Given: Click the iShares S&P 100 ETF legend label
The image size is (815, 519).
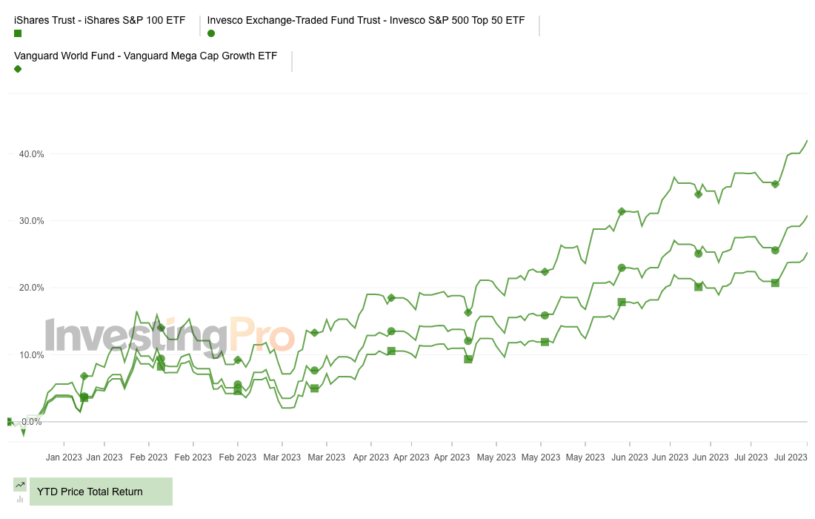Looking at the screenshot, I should point(99,20).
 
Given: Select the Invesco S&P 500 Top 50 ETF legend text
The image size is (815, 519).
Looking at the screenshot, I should point(366,20).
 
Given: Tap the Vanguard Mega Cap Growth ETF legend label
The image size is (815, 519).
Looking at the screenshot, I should point(145,56).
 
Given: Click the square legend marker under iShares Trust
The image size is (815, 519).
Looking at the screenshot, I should point(18,33).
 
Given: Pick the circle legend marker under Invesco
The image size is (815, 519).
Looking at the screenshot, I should point(211,33).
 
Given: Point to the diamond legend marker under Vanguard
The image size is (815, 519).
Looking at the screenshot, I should point(18,69).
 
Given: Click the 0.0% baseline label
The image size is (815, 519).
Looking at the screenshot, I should point(32,422).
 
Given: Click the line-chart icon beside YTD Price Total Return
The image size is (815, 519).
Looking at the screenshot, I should point(20,484).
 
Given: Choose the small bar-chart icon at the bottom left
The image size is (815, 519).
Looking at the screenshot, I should point(20,499).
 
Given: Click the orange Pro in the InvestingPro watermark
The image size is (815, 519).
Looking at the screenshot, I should point(261,336).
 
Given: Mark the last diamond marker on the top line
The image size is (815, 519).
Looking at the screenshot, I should point(775,184).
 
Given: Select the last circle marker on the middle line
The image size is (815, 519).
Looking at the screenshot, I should point(775,251).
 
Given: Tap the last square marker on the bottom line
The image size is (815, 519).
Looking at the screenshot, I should point(775,282).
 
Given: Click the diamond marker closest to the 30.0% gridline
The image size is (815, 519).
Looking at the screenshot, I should point(622,212).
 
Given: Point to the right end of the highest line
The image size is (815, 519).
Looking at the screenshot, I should point(807,140).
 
